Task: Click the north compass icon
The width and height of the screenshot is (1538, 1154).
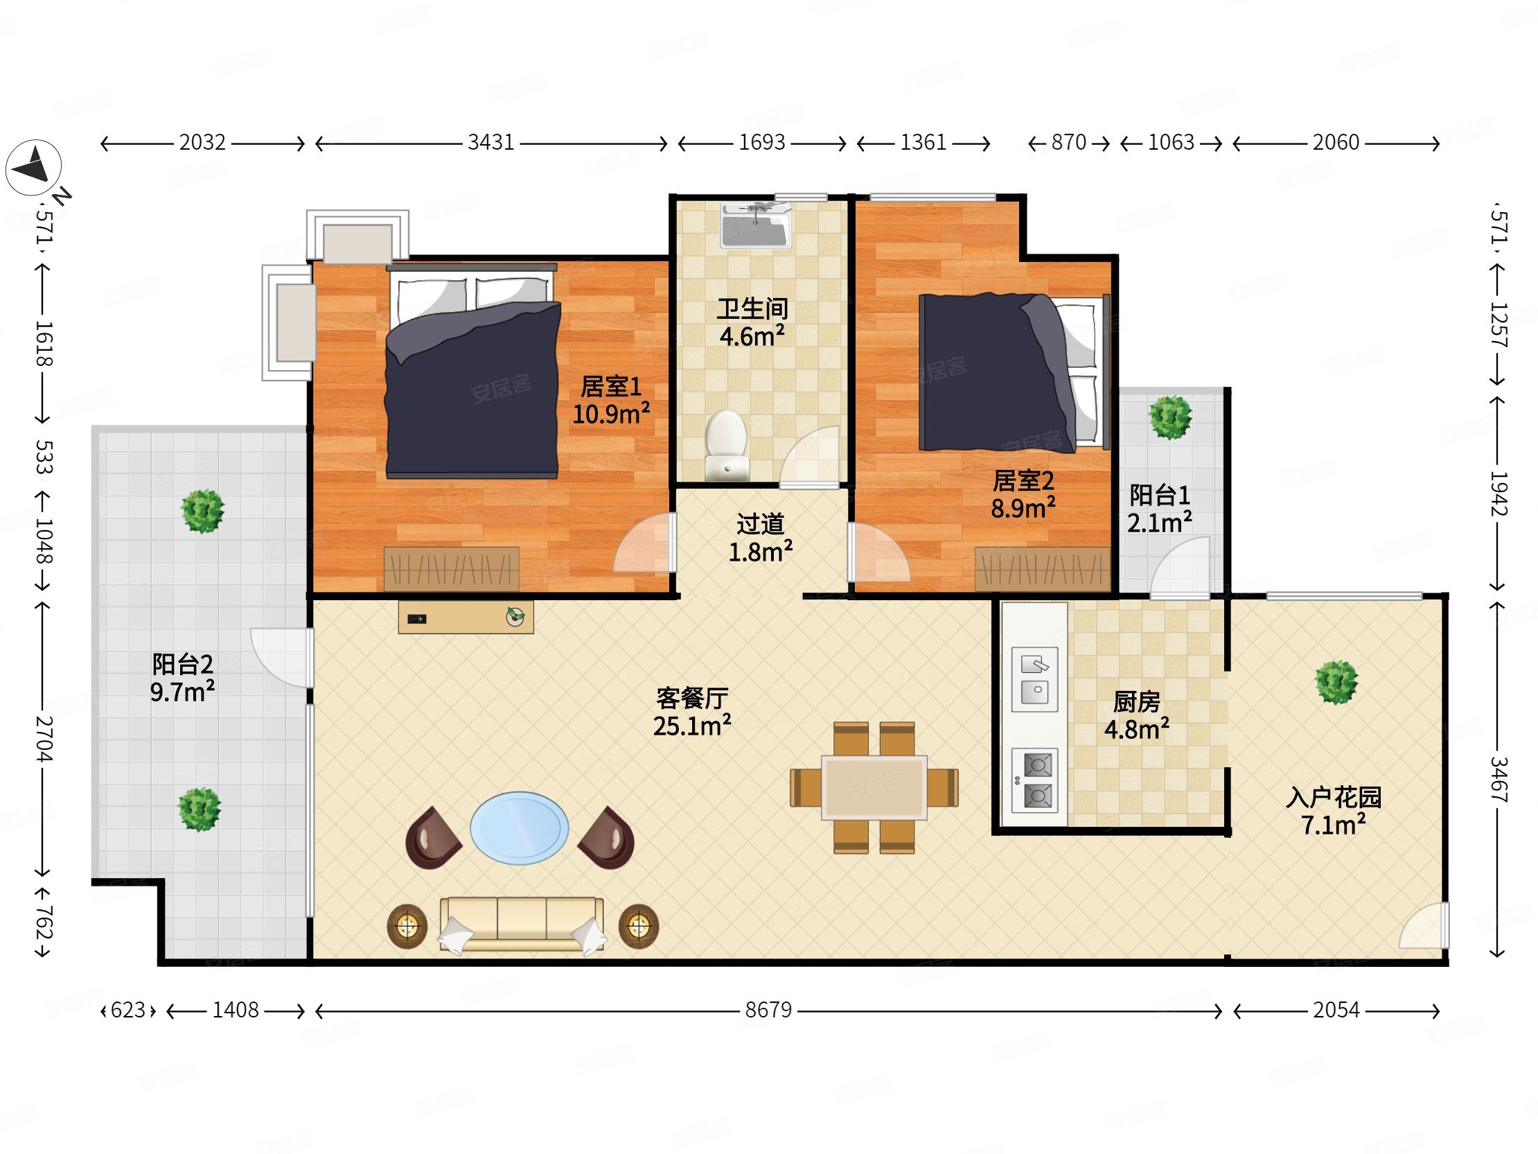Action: (x=33, y=168)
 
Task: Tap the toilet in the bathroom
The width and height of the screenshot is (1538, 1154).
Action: (x=726, y=445)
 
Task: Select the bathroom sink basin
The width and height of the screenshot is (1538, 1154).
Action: (x=756, y=225)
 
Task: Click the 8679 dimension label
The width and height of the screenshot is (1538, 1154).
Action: (x=768, y=1010)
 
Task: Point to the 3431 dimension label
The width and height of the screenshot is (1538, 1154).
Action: (x=491, y=143)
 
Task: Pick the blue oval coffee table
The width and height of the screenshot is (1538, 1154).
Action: (x=520, y=828)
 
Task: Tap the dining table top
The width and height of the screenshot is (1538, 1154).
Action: (x=874, y=787)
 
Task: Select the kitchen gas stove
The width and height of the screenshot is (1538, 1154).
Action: (x=1034, y=780)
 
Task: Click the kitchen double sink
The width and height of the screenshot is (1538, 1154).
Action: (x=1034, y=680)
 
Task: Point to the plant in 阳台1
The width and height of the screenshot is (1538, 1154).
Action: (x=1170, y=417)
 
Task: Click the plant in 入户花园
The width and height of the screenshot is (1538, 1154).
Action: (x=1336, y=683)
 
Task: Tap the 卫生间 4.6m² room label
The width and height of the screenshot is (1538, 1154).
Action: (x=752, y=323)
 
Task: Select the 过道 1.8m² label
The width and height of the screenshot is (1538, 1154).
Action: (x=761, y=538)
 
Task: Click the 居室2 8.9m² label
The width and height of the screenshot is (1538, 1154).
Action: (x=1023, y=495)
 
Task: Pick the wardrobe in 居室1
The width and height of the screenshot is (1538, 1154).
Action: (x=451, y=569)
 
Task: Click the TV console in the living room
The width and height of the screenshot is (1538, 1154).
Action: (x=466, y=617)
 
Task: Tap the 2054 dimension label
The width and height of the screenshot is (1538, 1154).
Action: (x=1336, y=1010)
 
